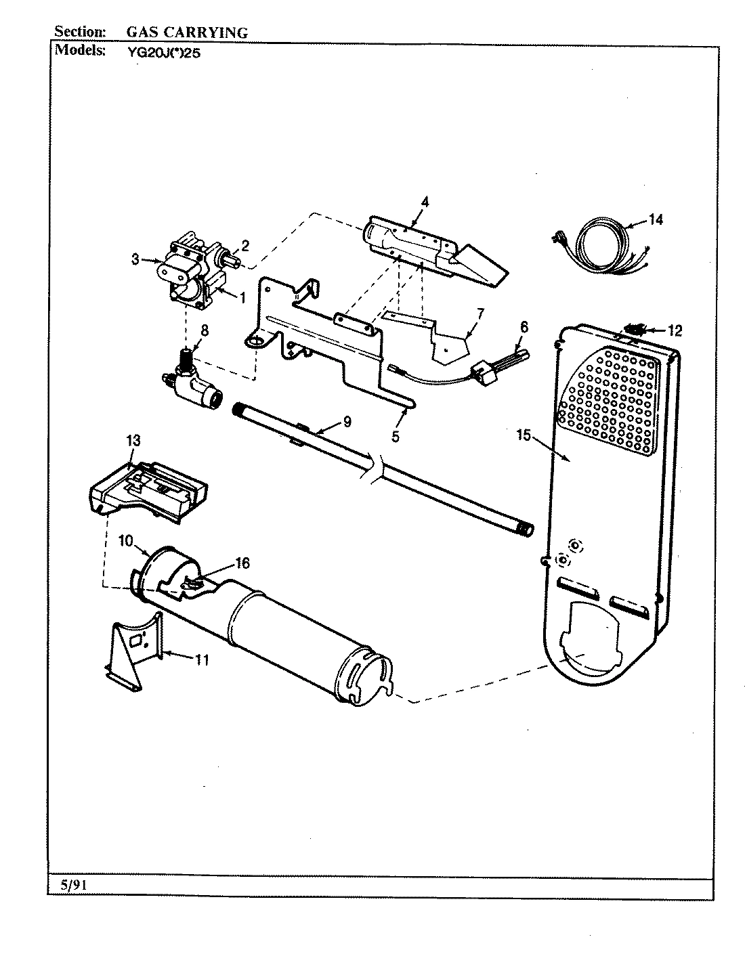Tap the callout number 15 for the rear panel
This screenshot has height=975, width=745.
coord(522,435)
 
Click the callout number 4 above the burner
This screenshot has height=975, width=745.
coord(425,201)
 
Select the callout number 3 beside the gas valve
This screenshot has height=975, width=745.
coord(135,259)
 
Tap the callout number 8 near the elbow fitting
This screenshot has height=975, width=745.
coord(204,331)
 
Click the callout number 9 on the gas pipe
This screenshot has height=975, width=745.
coord(347,422)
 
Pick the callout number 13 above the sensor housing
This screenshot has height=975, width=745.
coord(133,441)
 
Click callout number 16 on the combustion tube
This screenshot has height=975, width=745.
coord(242,563)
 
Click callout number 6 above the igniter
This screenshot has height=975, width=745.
coord(523,326)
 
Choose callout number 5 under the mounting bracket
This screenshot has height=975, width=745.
coord(395,437)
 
